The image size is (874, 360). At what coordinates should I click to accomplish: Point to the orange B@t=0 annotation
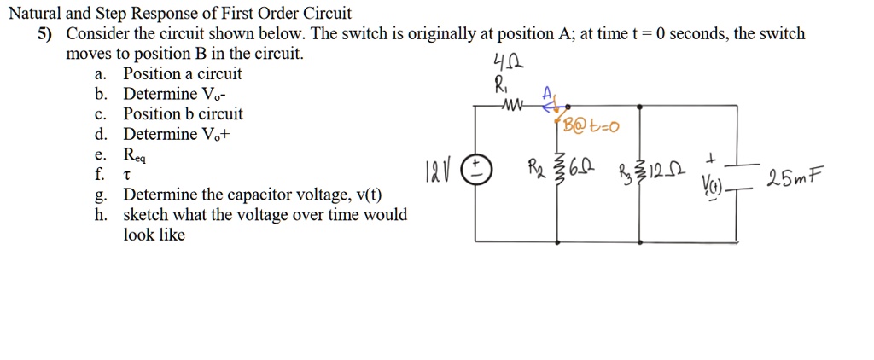[x=591, y=128]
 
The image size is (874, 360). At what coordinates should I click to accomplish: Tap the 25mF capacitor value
[x=795, y=180]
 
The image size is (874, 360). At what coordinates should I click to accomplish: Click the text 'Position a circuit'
[x=183, y=73]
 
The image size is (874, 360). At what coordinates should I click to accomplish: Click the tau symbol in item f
[x=127, y=176]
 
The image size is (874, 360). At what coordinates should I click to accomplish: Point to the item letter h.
[x=101, y=214]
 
